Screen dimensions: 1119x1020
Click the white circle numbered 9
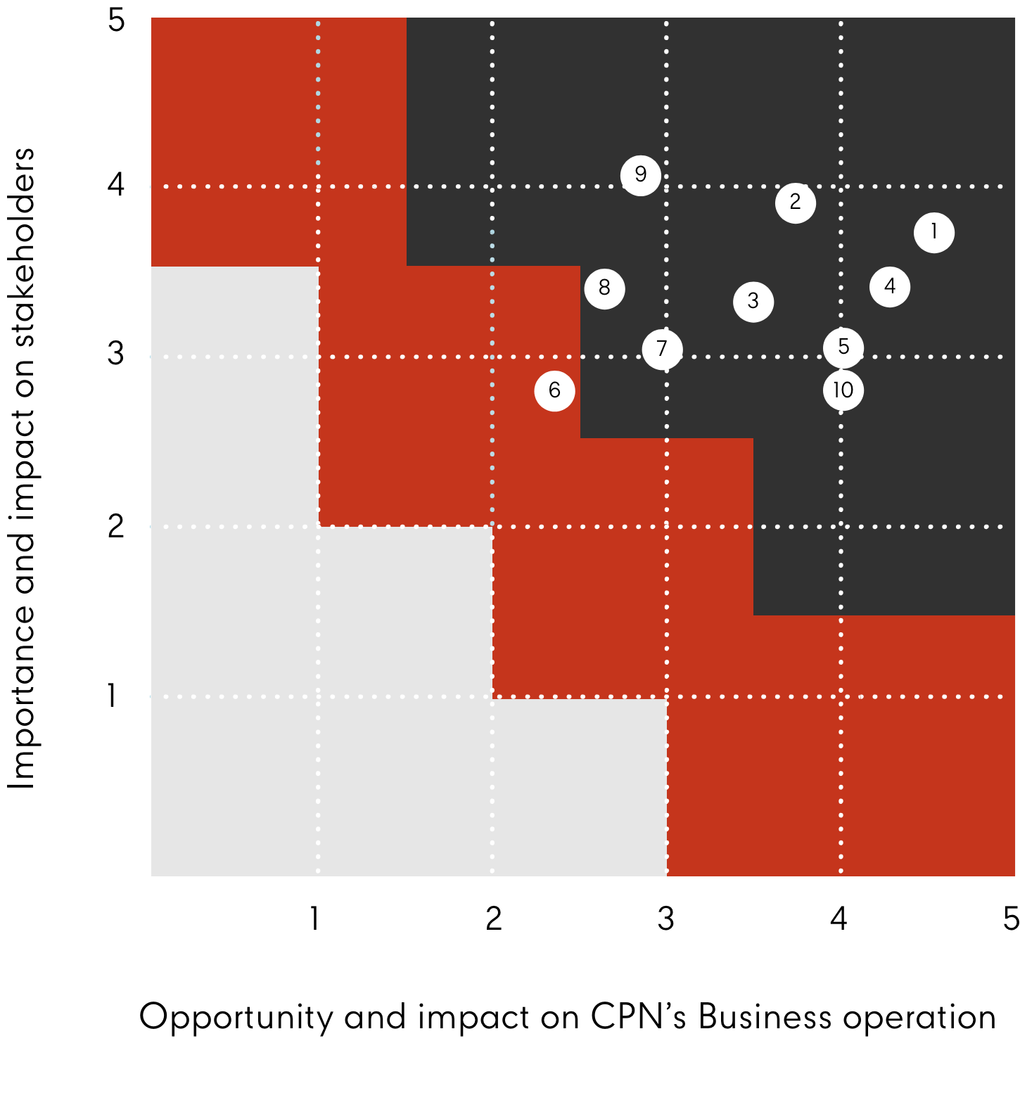pos(640,174)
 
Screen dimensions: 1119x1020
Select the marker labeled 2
pos(795,203)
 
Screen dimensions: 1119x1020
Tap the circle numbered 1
pos(933,232)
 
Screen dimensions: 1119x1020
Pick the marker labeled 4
pos(889,287)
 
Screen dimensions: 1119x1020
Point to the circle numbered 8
pos(604,288)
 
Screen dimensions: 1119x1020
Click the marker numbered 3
pos(753,302)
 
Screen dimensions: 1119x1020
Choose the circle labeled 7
pos(661,349)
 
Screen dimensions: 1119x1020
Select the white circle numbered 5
pos(843,347)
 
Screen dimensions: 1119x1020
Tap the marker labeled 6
pos(554,390)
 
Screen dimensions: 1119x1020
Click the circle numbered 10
pos(843,390)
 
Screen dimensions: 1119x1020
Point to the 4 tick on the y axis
pos(116,185)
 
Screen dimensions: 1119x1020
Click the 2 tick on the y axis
pos(116,525)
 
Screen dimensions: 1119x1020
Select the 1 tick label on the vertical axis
pos(113,696)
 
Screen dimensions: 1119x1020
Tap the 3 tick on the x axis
pos(665,919)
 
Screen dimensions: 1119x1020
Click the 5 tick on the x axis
pos(1010,919)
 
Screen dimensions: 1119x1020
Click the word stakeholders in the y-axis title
pos(23,248)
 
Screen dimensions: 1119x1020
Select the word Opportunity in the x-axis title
pos(236,1018)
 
